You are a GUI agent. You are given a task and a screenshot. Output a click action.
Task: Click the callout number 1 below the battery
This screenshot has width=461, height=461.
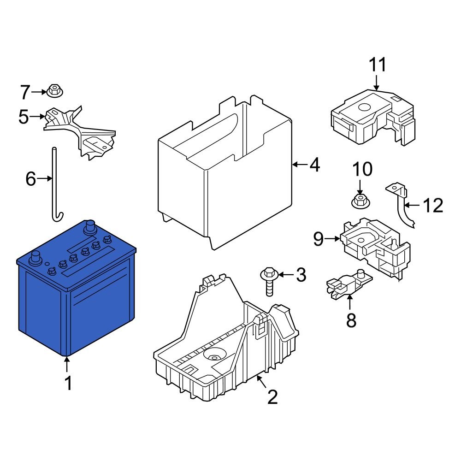click(68, 384)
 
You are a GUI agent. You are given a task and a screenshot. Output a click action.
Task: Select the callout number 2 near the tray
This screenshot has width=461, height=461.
click(272, 397)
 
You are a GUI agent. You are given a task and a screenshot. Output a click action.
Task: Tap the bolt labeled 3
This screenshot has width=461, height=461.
click(267, 281)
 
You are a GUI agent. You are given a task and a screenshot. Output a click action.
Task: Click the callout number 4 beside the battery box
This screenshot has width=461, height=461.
click(314, 165)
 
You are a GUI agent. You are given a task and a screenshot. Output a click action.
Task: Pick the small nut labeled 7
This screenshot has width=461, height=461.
click(54, 91)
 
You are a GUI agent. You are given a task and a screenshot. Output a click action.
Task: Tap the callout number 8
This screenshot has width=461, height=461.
click(351, 320)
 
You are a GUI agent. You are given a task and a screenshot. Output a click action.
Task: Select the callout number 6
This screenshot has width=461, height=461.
click(30, 178)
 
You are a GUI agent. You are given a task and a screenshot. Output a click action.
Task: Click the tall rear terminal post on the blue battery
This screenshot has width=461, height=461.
click(89, 227)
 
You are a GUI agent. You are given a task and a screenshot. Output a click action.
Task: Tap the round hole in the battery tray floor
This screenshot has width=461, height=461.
click(213, 356)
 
